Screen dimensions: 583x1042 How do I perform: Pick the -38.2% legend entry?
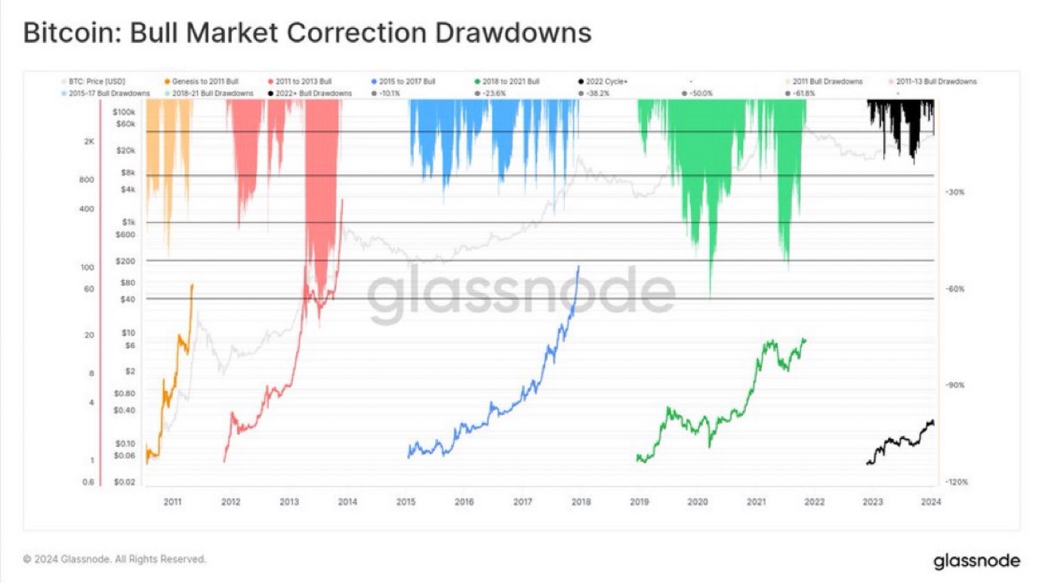point(595,93)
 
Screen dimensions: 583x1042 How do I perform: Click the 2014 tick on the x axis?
point(347,501)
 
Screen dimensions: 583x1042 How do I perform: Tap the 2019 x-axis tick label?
point(639,501)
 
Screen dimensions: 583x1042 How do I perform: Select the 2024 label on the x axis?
point(931,501)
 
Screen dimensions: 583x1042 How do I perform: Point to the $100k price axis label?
point(124,111)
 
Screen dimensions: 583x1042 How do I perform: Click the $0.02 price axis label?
point(125,482)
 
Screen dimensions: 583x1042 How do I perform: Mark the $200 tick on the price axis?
point(125,261)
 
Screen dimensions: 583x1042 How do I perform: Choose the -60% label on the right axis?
point(954,289)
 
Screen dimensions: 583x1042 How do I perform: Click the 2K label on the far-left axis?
point(89,141)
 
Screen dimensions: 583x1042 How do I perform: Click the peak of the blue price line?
point(579,266)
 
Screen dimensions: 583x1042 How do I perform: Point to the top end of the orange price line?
point(193,285)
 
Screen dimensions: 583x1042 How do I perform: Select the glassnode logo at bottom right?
point(976,561)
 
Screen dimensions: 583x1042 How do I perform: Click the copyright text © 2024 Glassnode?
point(114,560)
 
